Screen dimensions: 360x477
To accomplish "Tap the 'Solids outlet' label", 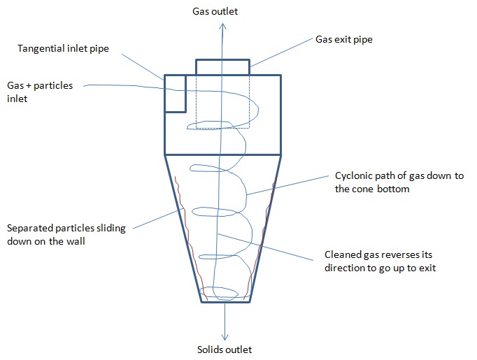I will tap(225, 350).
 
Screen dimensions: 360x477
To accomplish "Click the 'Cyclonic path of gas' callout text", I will tap(399, 182).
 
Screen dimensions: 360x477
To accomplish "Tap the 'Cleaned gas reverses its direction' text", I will tap(380, 261).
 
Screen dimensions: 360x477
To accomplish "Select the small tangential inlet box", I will tap(175, 92).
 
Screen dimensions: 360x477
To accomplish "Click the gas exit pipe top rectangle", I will tap(222, 67).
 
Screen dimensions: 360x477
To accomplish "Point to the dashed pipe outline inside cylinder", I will tap(250, 112).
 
